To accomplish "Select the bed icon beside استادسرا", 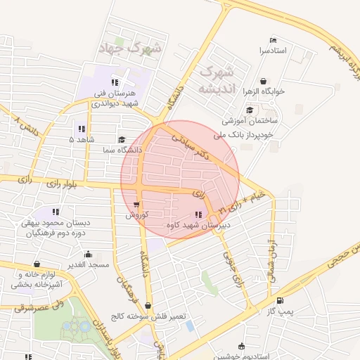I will [273, 40].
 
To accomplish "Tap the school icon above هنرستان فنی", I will [115, 83].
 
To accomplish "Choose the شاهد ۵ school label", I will [81, 139].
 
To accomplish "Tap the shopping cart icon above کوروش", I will [136, 205].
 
